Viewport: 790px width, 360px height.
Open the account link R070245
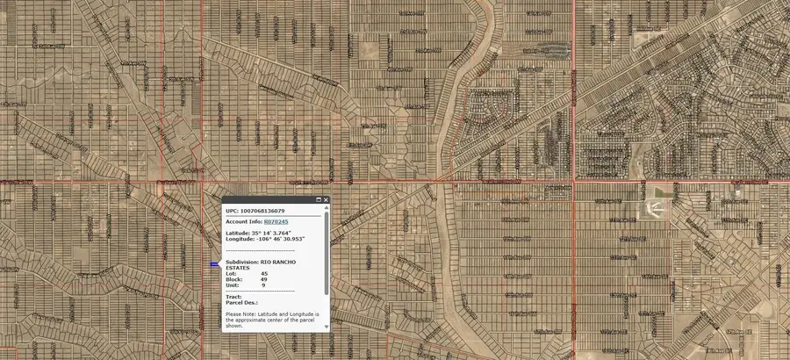click(276, 222)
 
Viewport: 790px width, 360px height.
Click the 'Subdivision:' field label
click(242, 262)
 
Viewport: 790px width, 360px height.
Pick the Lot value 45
click(264, 273)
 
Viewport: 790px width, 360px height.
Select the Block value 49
click(264, 279)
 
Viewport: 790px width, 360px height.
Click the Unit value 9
click(263, 284)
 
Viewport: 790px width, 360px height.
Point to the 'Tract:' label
click(233, 297)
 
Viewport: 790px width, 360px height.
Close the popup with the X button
click(326, 200)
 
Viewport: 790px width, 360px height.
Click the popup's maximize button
click(319, 200)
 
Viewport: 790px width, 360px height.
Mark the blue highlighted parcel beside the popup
click(214, 264)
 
